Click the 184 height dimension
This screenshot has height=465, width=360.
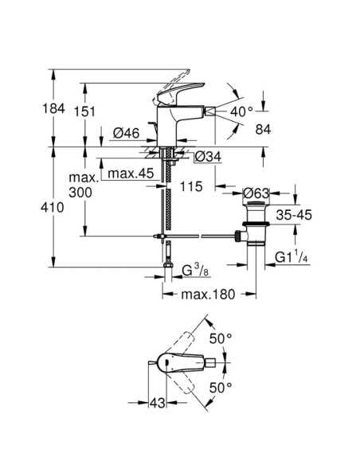tap(53, 108)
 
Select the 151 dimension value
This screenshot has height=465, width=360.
tap(84, 111)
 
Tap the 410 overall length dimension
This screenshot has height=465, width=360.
tap(53, 207)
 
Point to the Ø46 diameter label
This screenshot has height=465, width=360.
tap(126, 133)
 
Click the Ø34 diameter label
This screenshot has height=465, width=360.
tap(209, 157)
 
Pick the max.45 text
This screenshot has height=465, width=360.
tap(131, 174)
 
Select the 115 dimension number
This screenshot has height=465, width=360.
tap(191, 186)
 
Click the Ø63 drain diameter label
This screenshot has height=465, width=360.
tap(256, 193)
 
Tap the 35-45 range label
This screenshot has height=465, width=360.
tap(294, 215)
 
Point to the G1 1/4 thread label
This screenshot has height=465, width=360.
tap(292, 257)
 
